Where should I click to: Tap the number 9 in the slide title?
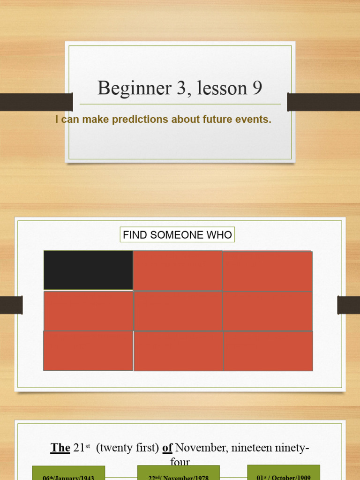(257, 88)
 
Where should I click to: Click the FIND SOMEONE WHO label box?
(177, 235)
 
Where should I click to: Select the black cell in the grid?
(88, 270)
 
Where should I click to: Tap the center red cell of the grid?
(178, 311)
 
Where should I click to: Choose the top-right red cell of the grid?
(267, 271)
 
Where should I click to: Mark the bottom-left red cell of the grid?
(88, 350)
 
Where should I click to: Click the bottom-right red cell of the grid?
(268, 351)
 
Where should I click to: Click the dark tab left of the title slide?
(36, 102)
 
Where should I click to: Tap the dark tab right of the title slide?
(323, 102)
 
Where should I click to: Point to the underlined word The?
(60, 448)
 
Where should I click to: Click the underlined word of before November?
(167, 448)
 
